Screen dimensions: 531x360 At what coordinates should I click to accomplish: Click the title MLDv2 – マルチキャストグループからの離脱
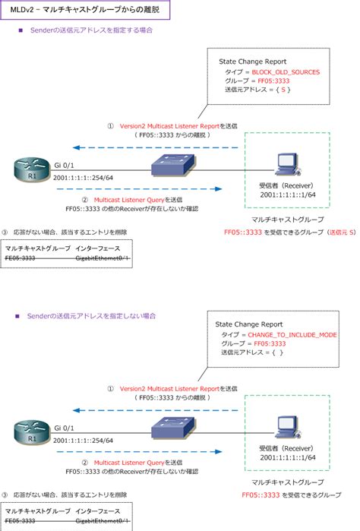tap(85, 9)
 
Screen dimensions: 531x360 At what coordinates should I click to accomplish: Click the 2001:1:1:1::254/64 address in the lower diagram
tap(84, 440)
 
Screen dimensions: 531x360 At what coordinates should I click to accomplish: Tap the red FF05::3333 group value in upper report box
tap(272, 81)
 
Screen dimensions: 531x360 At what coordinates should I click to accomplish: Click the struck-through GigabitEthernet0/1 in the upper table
tap(103, 258)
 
